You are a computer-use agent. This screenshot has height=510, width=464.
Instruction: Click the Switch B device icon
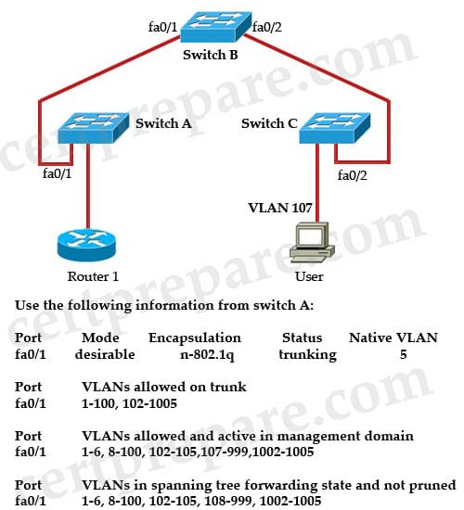click(216, 27)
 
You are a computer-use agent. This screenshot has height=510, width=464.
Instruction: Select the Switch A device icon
click(93, 128)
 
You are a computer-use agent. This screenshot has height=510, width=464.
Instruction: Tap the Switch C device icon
click(335, 128)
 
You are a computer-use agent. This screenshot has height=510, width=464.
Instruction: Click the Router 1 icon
click(86, 245)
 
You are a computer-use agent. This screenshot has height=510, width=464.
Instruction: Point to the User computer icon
click(312, 242)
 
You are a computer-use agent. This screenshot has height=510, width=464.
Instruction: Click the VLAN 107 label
click(280, 208)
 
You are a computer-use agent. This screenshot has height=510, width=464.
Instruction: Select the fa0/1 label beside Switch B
click(162, 27)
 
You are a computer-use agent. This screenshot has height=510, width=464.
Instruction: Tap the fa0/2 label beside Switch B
click(267, 27)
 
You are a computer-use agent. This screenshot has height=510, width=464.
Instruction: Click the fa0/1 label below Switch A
click(57, 173)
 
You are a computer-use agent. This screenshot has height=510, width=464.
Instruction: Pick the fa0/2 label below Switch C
click(353, 175)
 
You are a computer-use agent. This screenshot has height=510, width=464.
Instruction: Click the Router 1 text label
click(93, 276)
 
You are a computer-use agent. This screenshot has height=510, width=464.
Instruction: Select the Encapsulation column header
click(195, 338)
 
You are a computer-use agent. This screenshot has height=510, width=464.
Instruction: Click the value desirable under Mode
click(105, 354)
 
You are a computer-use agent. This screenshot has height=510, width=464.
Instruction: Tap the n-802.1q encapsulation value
click(208, 355)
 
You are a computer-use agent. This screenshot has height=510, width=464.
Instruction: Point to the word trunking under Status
click(308, 355)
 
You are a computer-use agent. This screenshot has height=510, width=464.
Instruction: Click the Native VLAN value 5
click(404, 354)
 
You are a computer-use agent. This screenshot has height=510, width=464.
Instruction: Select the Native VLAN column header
click(393, 338)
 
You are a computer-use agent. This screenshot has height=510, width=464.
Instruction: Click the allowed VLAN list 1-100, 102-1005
click(129, 403)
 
